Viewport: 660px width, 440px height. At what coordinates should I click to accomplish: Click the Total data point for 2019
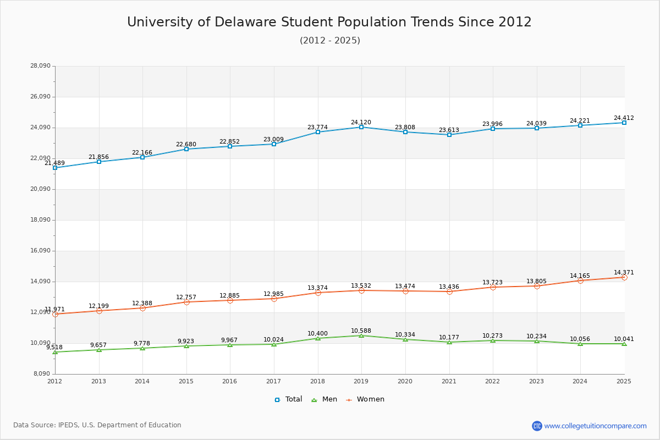click(x=361, y=127)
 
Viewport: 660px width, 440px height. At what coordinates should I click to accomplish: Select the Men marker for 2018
click(x=318, y=338)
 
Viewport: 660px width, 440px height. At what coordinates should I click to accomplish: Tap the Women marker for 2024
click(x=580, y=280)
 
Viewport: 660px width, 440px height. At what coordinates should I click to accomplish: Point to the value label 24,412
click(x=624, y=118)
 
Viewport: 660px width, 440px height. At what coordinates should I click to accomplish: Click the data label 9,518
click(x=54, y=348)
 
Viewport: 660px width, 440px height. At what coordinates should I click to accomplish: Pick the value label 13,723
click(x=492, y=283)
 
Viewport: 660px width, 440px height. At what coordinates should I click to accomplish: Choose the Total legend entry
click(x=289, y=399)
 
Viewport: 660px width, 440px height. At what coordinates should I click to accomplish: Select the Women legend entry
click(x=365, y=399)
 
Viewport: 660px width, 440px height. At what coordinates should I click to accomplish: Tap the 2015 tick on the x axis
click(x=186, y=381)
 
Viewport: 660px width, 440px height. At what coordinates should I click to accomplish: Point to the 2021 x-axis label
click(x=449, y=381)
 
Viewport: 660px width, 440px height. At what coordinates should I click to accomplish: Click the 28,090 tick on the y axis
click(x=40, y=66)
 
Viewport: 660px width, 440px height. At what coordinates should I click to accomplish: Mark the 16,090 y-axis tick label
click(x=40, y=251)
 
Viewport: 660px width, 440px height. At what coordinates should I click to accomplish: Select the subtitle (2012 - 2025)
click(x=330, y=41)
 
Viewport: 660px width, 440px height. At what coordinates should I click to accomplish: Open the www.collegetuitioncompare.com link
click(x=595, y=426)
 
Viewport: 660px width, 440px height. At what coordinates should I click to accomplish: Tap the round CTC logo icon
click(x=537, y=426)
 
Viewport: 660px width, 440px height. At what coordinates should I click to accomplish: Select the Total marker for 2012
click(x=55, y=168)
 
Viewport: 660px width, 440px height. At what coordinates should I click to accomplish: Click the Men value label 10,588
click(x=361, y=331)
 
